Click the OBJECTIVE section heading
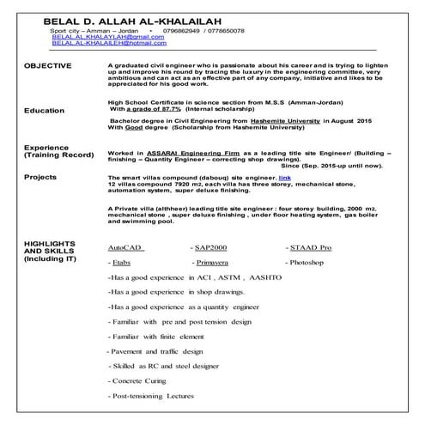[x=49, y=65]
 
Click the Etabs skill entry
[x=121, y=259]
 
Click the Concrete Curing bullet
[x=142, y=380]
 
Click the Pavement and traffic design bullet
[x=155, y=350]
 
